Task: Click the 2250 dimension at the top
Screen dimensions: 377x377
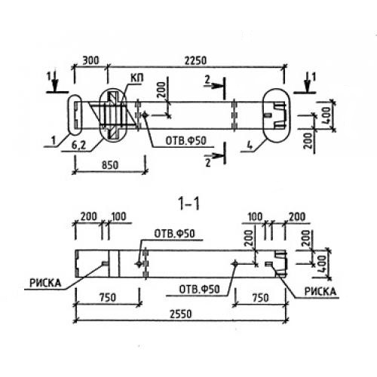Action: click(195, 60)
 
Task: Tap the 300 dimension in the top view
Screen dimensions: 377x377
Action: click(91, 60)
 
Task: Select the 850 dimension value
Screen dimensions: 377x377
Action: click(110, 165)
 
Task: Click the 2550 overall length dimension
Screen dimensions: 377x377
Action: click(180, 314)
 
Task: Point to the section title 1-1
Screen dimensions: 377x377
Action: click(188, 204)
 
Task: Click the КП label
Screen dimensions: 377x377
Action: click(137, 78)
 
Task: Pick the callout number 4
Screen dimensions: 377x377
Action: click(250, 146)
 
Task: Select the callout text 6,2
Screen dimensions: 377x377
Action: click(78, 146)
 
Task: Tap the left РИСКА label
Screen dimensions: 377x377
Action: click(45, 284)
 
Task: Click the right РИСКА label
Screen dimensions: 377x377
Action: click(320, 292)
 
